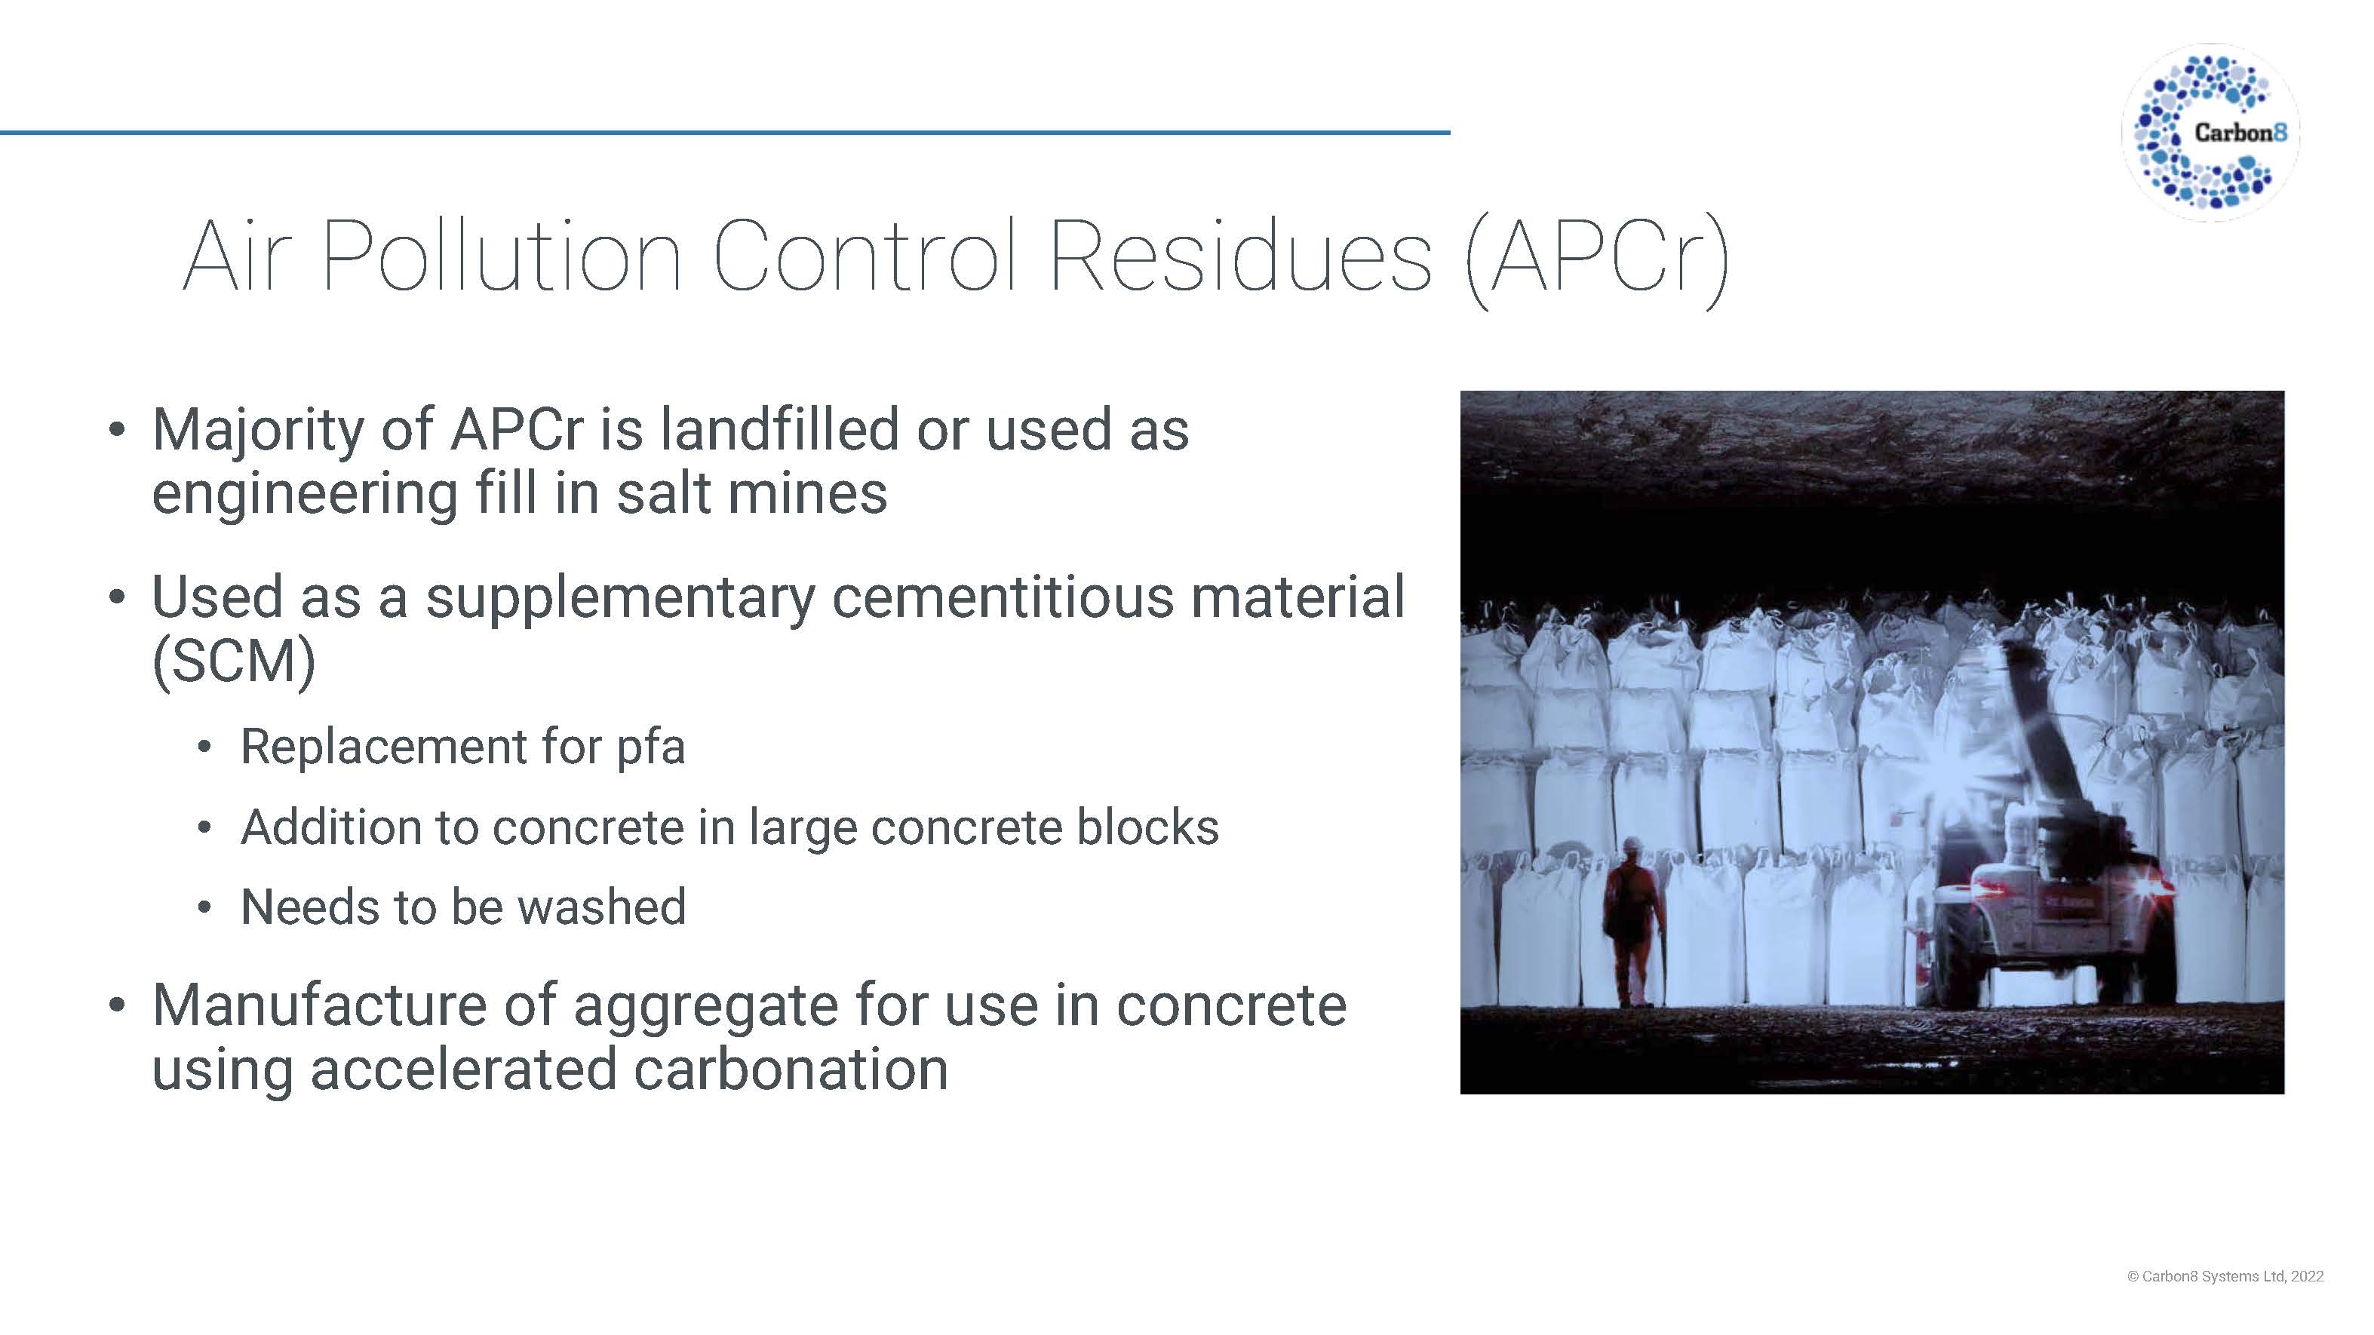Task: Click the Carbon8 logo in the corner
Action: pyautogui.click(x=2210, y=133)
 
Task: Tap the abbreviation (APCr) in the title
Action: pyautogui.click(x=1596, y=261)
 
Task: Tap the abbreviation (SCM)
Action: pyautogui.click(x=234, y=661)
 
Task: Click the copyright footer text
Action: pyautogui.click(x=2225, y=1276)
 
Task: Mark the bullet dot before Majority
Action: pyautogui.click(x=116, y=430)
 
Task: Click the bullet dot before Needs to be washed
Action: pyautogui.click(x=204, y=908)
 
